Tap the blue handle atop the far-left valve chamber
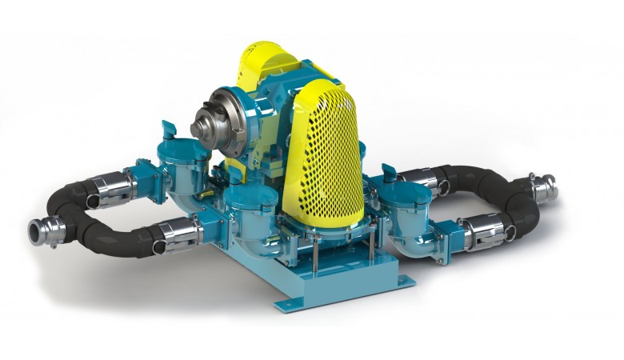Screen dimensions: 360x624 pyautogui.click(x=167, y=128)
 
